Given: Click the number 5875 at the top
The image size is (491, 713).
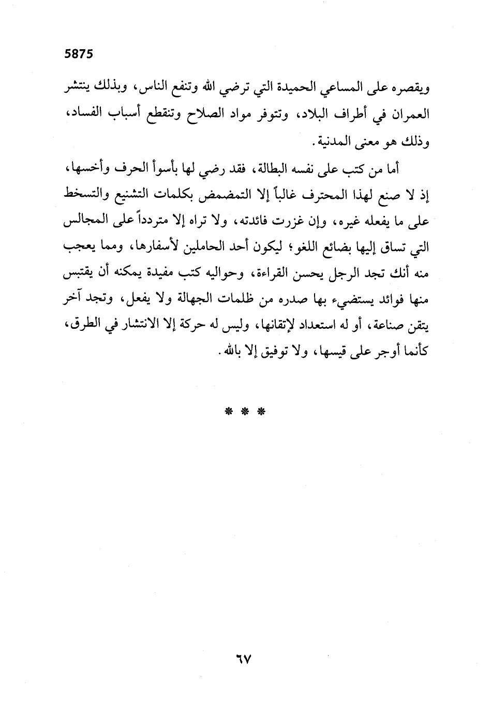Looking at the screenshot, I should pos(78,54).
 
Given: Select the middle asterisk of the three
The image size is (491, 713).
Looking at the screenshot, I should pos(245,412).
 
